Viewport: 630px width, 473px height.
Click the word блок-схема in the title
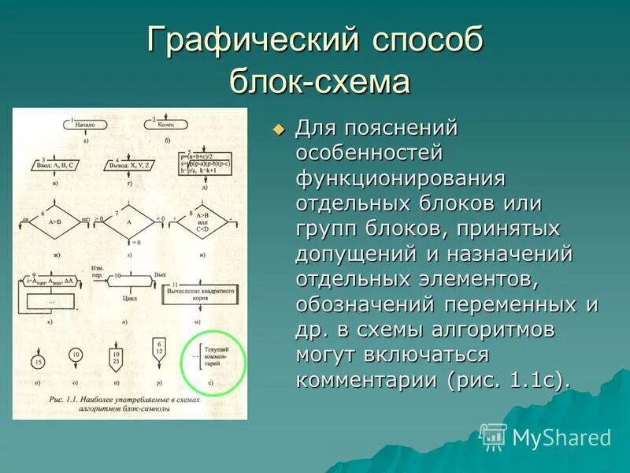coord(320,81)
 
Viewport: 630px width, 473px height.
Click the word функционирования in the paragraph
coord(399,177)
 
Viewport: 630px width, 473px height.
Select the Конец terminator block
coord(169,125)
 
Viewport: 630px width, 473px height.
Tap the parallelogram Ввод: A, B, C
coord(56,167)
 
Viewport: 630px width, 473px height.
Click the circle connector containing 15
coord(37,362)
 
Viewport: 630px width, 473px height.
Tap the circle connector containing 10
coord(76,356)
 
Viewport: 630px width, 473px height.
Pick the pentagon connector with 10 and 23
coord(117,358)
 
